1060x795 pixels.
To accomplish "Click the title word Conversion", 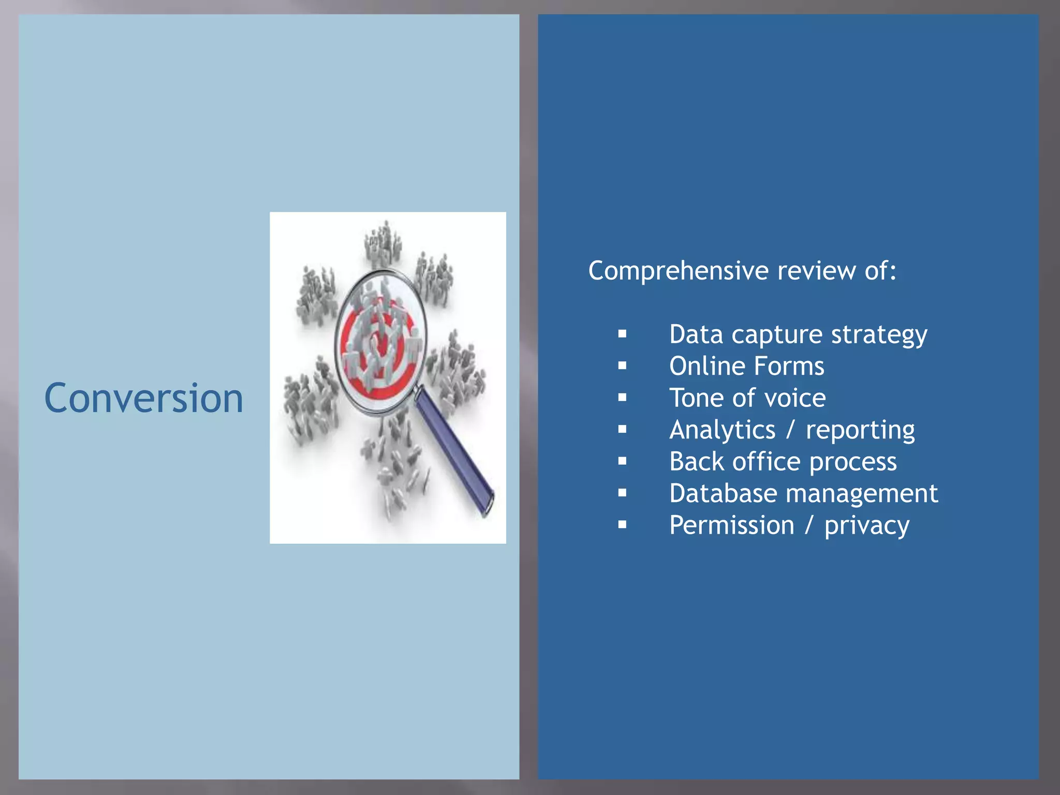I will (x=143, y=398).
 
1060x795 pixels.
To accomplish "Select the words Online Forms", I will (x=746, y=366).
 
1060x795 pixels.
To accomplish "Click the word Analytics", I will (x=722, y=430).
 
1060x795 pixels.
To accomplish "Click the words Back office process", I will (x=783, y=462).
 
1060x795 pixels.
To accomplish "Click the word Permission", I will (x=731, y=525).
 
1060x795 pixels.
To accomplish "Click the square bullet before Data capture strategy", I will (x=622, y=334).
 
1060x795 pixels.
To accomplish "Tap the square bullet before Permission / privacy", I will (x=622, y=525).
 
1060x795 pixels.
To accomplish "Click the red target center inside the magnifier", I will (x=381, y=344).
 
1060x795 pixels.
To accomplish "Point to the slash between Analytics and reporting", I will (x=790, y=430).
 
